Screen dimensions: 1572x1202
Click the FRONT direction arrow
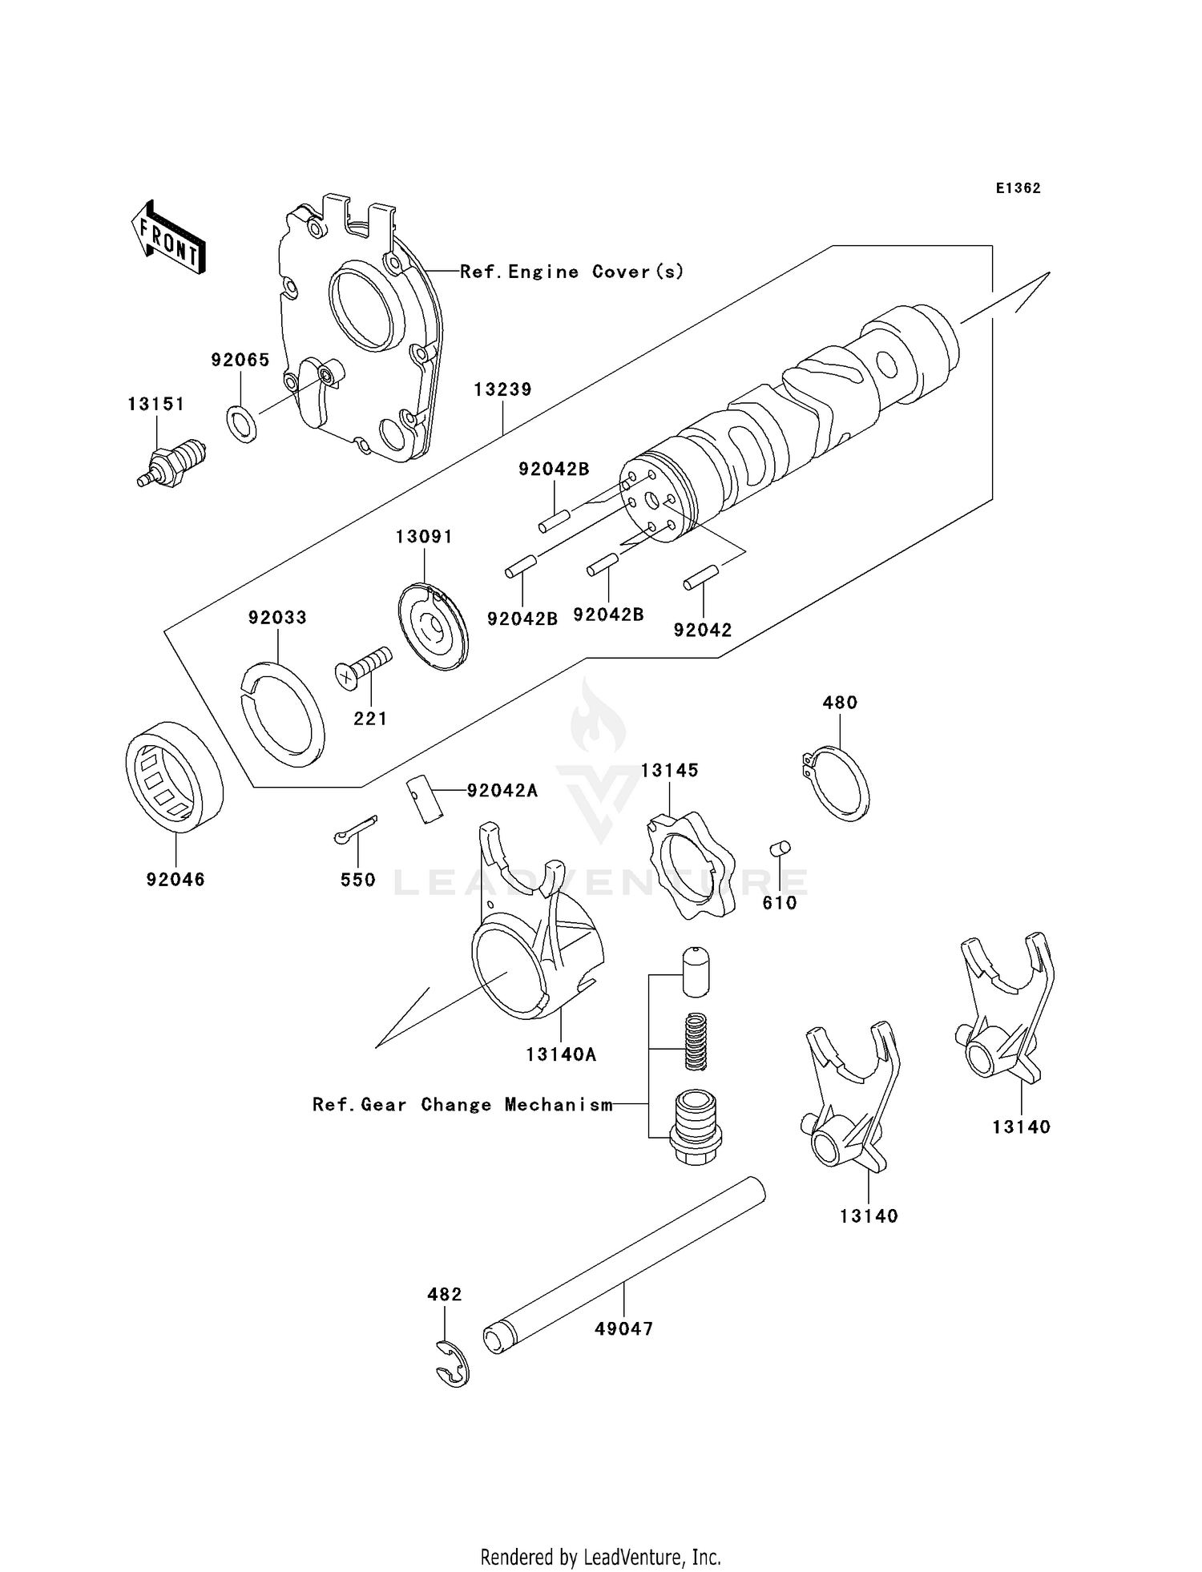(168, 239)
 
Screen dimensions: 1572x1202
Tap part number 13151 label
(155, 404)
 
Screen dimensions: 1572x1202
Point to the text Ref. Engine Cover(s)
(572, 272)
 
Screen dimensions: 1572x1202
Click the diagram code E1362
(1018, 188)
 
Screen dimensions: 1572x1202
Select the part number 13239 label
(502, 389)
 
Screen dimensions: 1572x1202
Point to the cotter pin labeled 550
(355, 829)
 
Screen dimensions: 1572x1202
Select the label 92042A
(502, 791)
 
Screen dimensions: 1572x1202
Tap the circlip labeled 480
(837, 784)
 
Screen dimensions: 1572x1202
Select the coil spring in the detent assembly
(696, 1041)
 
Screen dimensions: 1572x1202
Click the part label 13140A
(561, 1054)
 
